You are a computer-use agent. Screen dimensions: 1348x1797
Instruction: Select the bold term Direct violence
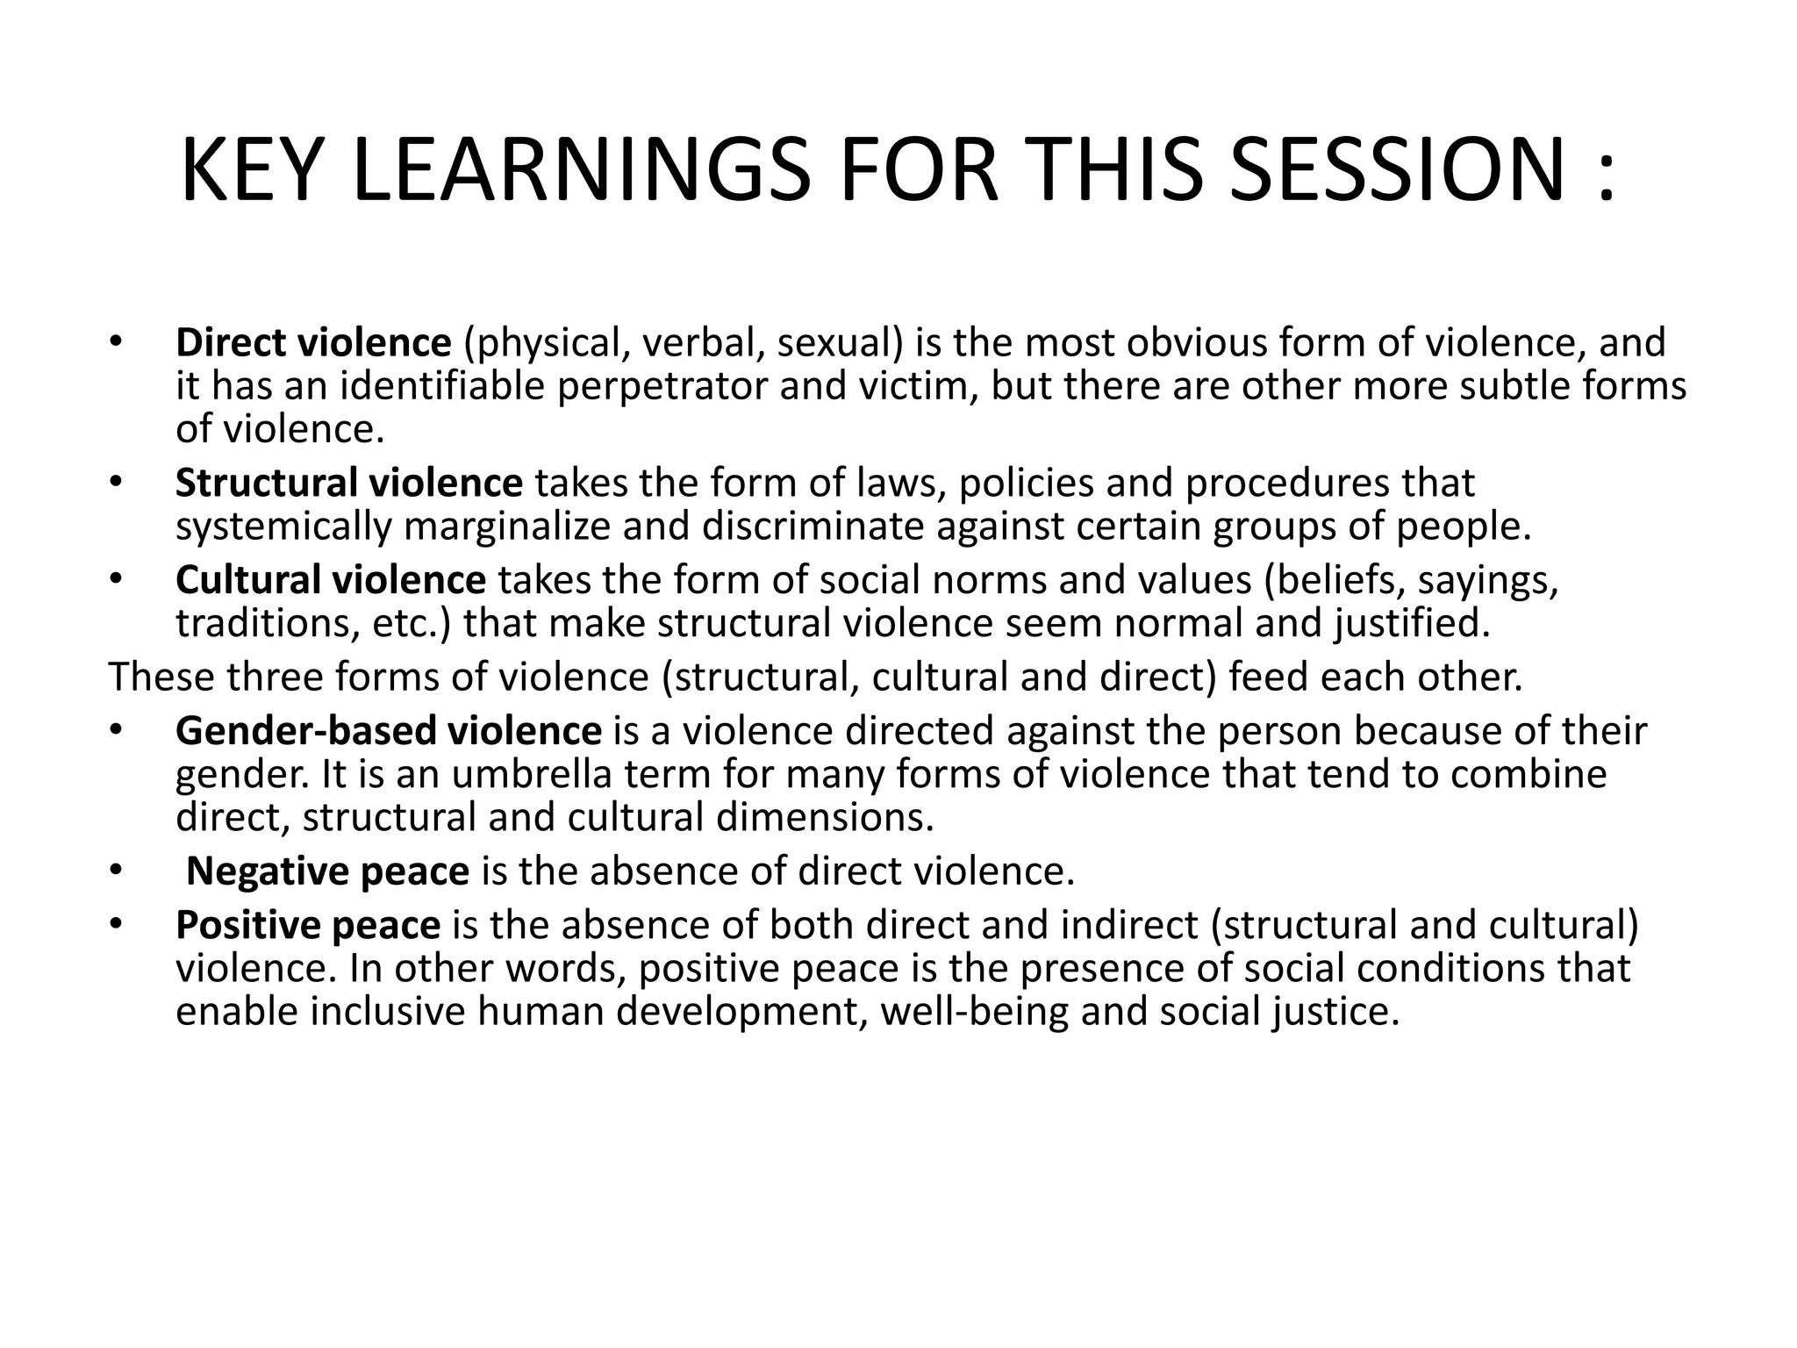[313, 342]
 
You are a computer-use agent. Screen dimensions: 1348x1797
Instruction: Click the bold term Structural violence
[348, 483]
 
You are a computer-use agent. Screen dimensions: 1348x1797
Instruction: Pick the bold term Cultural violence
[330, 580]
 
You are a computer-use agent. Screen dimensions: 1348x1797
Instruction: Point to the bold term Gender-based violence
[389, 730]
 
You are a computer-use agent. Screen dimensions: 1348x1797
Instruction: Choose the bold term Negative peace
[327, 871]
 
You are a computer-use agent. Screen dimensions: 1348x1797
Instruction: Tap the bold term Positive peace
[307, 925]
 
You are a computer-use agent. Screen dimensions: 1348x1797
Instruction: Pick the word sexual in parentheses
[839, 342]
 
